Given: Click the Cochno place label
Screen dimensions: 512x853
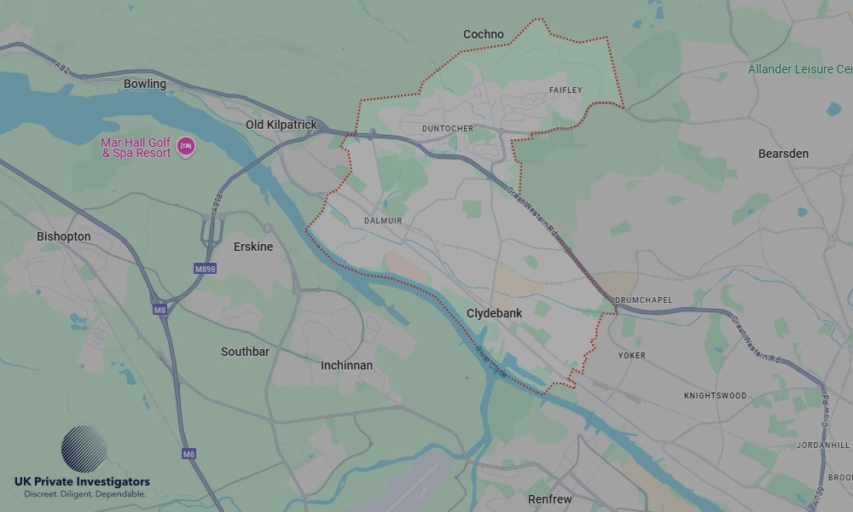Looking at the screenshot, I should [483, 35].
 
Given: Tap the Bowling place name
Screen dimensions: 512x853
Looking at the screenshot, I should [145, 84].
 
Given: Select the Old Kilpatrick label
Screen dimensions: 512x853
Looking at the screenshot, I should [281, 125].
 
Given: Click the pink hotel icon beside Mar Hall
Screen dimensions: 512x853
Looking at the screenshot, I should [185, 148].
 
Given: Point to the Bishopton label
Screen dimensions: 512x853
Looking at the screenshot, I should [63, 236].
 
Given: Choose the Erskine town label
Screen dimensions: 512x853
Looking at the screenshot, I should [253, 247].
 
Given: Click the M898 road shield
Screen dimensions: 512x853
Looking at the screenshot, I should [205, 269].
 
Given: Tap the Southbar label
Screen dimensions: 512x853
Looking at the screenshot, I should [245, 352].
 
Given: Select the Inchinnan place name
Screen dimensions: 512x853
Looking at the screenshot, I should [346, 365].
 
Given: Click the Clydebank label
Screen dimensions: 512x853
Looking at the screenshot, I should [494, 313].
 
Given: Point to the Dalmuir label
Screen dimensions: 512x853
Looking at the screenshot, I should [383, 220].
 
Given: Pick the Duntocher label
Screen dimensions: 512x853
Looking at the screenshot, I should [447, 129].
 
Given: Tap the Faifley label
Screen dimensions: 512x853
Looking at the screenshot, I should [566, 90].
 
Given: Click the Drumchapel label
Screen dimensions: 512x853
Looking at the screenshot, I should [643, 300].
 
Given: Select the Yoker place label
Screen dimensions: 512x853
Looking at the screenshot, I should [632, 355].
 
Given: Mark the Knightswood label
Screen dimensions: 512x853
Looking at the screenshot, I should [715, 396].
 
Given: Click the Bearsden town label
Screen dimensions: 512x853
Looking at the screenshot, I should [783, 154].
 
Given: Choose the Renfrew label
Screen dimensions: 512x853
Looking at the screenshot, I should [550, 499].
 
